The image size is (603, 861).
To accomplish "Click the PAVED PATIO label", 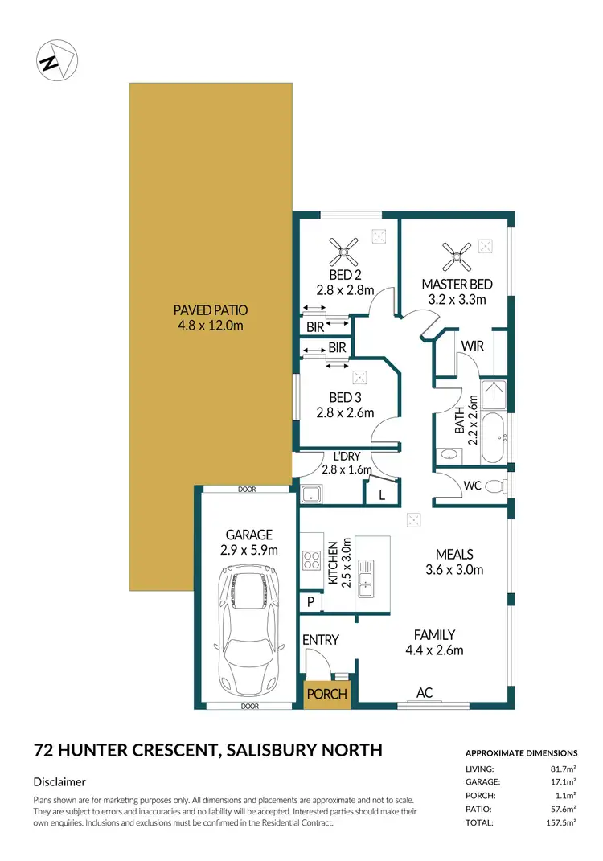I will tap(210, 318).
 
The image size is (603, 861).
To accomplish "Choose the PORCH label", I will tap(327, 694).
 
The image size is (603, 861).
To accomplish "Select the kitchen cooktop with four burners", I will tap(312, 558).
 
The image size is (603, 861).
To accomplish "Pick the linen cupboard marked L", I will tap(381, 495).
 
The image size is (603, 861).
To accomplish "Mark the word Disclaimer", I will tap(59, 781).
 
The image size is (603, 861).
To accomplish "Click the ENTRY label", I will tap(320, 640).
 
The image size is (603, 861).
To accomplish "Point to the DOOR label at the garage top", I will tap(245, 489).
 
